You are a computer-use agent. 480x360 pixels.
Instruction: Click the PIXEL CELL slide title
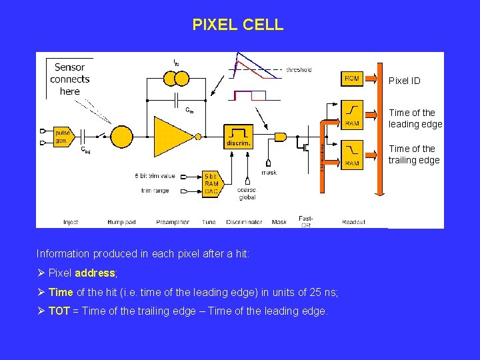pyautogui.click(x=237, y=25)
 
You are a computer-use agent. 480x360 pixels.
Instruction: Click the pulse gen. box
pyautogui.click(x=63, y=136)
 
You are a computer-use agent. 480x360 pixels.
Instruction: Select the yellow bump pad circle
pyautogui.click(x=121, y=136)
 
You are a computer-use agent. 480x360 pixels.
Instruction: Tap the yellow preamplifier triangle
pyautogui.click(x=173, y=136)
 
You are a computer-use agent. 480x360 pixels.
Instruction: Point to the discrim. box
pyautogui.click(x=238, y=136)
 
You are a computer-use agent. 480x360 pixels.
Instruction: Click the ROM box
pyautogui.click(x=351, y=79)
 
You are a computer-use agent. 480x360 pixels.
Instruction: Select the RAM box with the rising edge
pyautogui.click(x=351, y=114)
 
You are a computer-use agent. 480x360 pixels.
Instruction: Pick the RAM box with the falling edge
pyautogui.click(x=351, y=154)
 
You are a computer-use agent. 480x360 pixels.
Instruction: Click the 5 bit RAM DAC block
pyautogui.click(x=211, y=183)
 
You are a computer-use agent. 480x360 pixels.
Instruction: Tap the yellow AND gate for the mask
pyautogui.click(x=280, y=137)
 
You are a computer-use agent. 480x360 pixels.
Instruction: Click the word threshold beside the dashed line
pyautogui.click(x=298, y=69)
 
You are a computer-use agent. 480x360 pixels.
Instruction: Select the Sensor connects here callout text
pyautogui.click(x=69, y=79)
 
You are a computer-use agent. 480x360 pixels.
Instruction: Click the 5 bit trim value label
pyautogui.click(x=154, y=176)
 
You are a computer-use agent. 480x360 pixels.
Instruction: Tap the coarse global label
pyautogui.click(x=247, y=193)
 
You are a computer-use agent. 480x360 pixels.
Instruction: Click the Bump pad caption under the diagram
pyautogui.click(x=121, y=222)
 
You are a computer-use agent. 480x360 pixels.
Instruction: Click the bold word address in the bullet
pyautogui.click(x=95, y=273)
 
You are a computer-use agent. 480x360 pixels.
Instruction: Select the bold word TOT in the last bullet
pyautogui.click(x=59, y=311)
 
